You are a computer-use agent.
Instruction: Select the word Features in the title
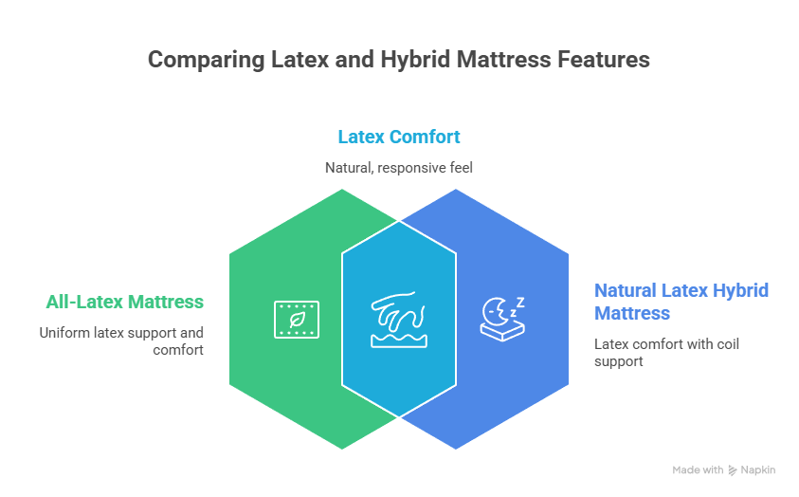(603, 60)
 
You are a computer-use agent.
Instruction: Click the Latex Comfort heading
(399, 137)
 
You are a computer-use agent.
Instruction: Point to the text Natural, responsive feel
(399, 167)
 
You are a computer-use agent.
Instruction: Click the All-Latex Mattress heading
(124, 303)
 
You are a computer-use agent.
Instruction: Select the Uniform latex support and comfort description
(121, 341)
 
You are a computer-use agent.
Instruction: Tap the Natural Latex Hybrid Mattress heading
(681, 301)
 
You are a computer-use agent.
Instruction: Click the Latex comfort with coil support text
(666, 352)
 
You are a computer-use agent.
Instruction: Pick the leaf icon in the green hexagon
(296, 319)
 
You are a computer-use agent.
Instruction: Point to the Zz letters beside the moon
(517, 305)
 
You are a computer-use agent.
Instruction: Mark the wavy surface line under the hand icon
(398, 339)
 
